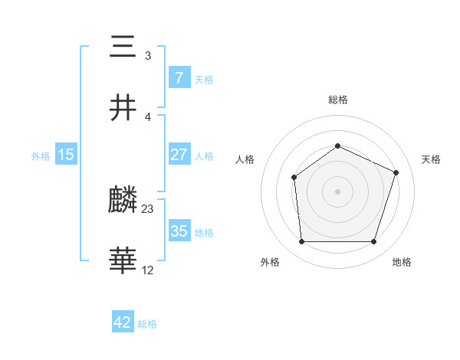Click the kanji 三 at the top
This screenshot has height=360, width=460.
pyautogui.click(x=123, y=47)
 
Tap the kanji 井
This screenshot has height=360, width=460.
pyautogui.click(x=123, y=108)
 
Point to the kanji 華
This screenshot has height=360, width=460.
pyautogui.click(x=123, y=261)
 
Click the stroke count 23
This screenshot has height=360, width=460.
pyautogui.click(x=148, y=209)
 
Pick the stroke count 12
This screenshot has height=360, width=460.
pyautogui.click(x=148, y=270)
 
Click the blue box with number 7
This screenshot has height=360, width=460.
pyautogui.click(x=179, y=78)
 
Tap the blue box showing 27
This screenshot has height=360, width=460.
pyautogui.click(x=179, y=155)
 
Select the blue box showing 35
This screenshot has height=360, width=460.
pyautogui.click(x=179, y=231)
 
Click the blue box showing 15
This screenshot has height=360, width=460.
pyautogui.click(x=66, y=155)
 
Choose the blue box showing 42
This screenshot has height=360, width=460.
pyautogui.click(x=123, y=322)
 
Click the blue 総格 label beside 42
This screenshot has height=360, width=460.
pyautogui.click(x=147, y=324)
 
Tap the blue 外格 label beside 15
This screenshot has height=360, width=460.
pyautogui.click(x=41, y=156)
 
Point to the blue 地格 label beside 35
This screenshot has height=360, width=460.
pyautogui.click(x=204, y=233)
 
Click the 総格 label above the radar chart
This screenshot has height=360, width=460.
pyautogui.click(x=337, y=100)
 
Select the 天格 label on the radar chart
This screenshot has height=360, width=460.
pyautogui.click(x=431, y=159)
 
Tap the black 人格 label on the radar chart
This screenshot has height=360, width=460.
pyautogui.click(x=245, y=159)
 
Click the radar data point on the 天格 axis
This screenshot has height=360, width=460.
pyautogui.click(x=396, y=172)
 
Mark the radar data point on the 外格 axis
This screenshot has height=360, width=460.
pyautogui.click(x=301, y=242)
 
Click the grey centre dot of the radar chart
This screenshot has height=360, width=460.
pyautogui.click(x=337, y=191)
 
